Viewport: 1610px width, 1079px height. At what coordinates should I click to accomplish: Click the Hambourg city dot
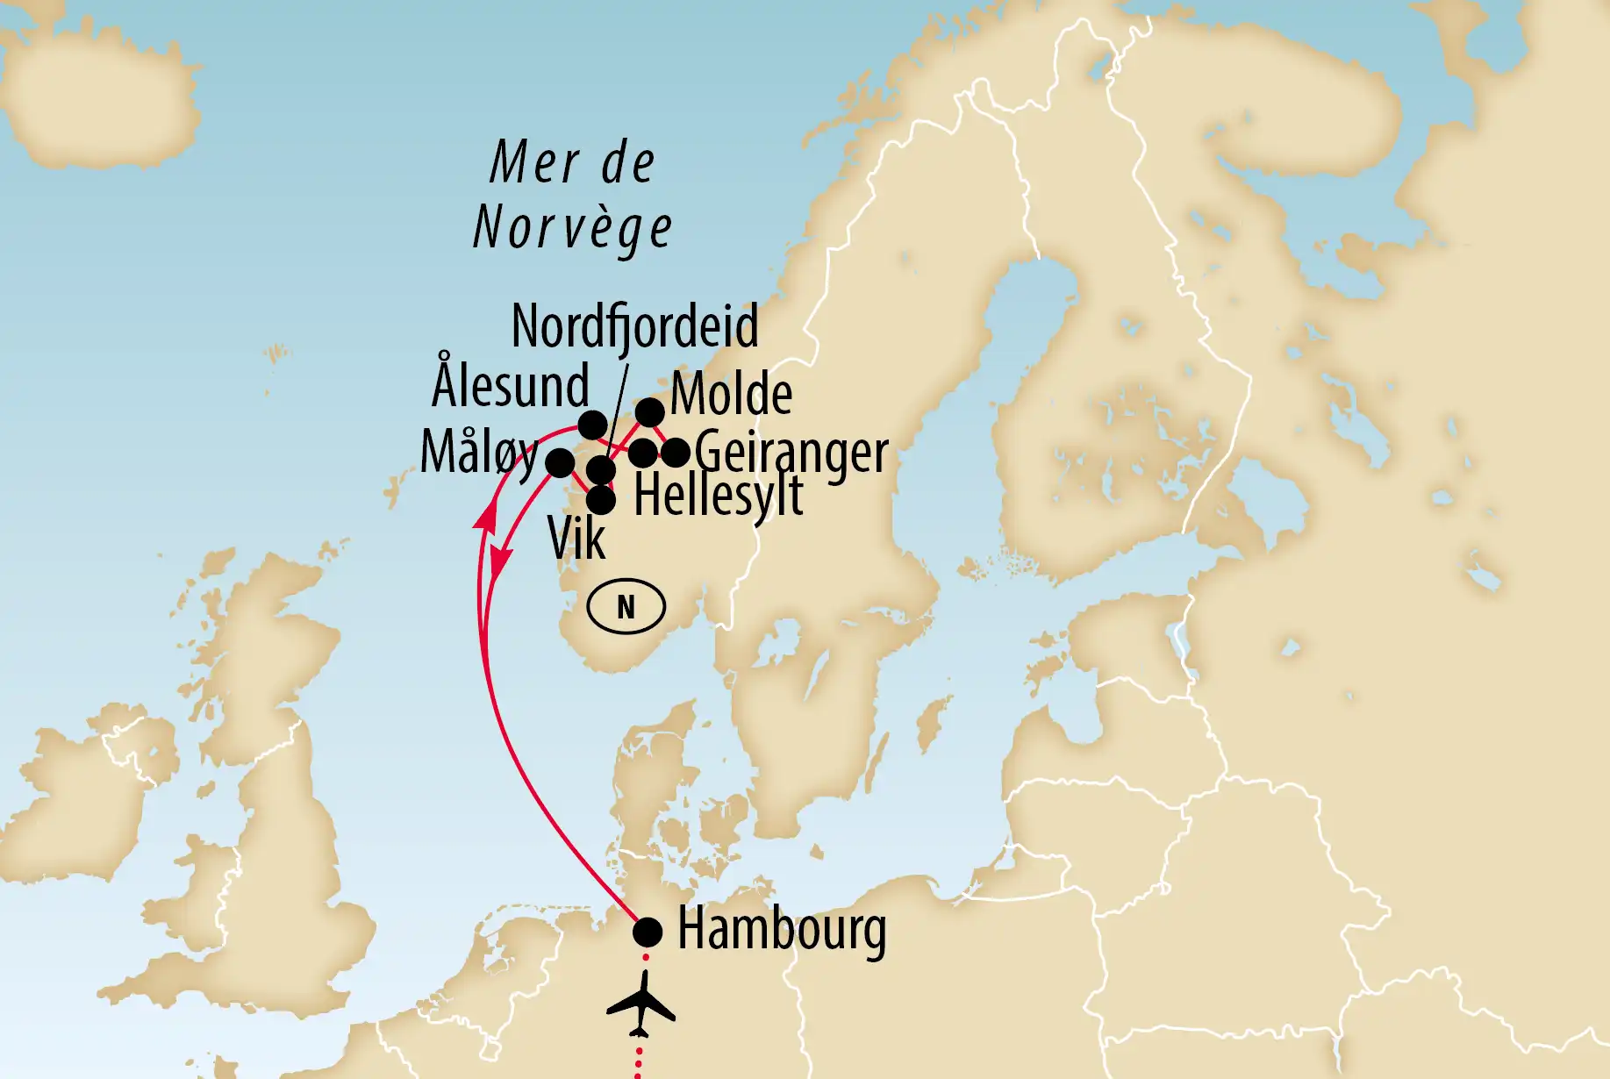(x=648, y=932)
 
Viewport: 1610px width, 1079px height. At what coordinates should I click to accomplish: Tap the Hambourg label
(x=782, y=930)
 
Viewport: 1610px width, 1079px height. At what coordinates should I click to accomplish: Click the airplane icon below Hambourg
(x=641, y=1004)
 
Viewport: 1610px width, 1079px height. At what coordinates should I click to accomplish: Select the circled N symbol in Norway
(x=626, y=606)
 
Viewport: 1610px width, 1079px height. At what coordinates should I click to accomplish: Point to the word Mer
(x=535, y=163)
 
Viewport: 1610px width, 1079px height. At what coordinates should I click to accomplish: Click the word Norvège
(x=573, y=228)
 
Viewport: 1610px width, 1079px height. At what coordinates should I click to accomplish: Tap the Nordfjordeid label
(x=634, y=326)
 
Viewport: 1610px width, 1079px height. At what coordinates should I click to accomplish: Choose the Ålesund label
(x=511, y=386)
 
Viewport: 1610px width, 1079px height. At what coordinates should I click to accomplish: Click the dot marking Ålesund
(x=592, y=425)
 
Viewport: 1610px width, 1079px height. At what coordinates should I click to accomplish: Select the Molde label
(x=731, y=394)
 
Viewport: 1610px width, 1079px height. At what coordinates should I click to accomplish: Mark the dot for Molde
(x=649, y=411)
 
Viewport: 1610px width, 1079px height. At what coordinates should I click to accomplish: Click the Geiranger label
(x=791, y=453)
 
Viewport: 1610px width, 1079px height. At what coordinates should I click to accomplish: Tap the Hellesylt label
(x=718, y=496)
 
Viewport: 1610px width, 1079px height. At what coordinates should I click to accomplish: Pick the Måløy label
(x=479, y=453)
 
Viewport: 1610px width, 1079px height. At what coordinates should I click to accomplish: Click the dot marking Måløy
(x=560, y=462)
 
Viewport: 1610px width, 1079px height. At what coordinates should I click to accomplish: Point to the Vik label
(x=576, y=538)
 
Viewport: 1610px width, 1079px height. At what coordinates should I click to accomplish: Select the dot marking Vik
(x=600, y=500)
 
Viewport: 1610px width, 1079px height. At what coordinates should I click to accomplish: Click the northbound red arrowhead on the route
(x=483, y=517)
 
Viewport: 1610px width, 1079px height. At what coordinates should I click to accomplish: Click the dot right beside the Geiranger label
(x=675, y=453)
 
